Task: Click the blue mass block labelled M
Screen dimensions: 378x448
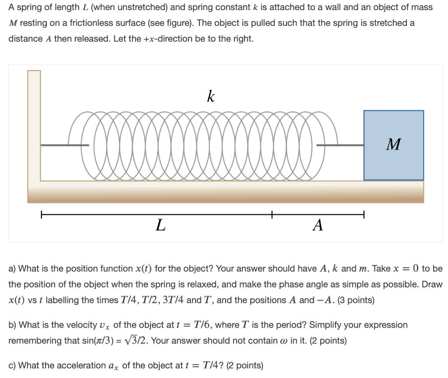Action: [x=393, y=145]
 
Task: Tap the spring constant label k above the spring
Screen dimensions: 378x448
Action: [x=210, y=96]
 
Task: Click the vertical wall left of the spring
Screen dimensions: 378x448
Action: [x=34, y=127]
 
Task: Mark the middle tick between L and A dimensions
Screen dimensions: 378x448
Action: [x=272, y=214]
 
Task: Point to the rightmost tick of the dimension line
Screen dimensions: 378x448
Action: [x=364, y=214]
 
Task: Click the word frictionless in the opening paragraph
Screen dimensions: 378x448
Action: [x=93, y=23]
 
